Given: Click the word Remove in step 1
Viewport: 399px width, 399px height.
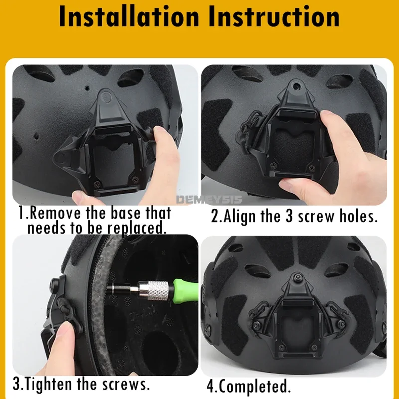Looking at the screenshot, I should [x=54, y=214].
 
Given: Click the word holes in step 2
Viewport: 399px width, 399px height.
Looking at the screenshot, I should [x=358, y=217].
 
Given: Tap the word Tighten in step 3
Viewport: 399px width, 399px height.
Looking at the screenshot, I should [x=55, y=385].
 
